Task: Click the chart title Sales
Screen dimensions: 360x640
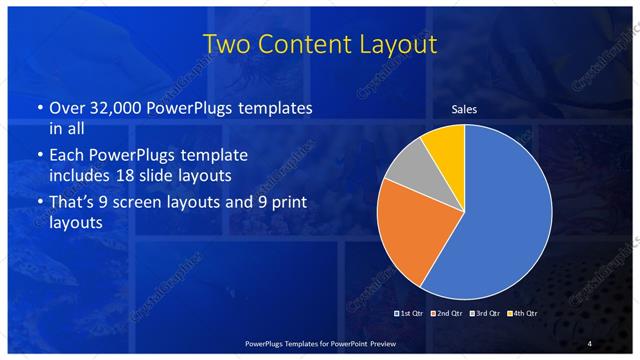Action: pos(464,108)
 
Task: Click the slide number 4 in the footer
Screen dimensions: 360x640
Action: pos(590,343)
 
